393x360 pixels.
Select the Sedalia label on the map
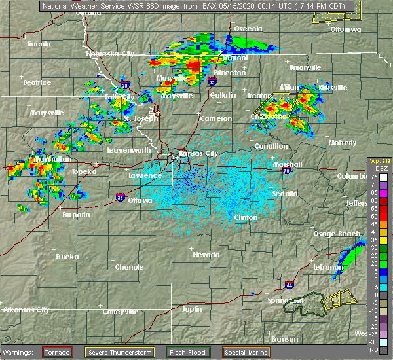[284, 194]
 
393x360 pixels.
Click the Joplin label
[192, 308]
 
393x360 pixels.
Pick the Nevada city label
[206, 254]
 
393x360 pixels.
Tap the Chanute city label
[128, 267]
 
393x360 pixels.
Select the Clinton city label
[246, 217]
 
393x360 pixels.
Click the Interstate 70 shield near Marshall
[287, 170]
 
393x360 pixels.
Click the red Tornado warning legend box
[58, 352]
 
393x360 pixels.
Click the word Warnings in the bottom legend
[20, 352]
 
